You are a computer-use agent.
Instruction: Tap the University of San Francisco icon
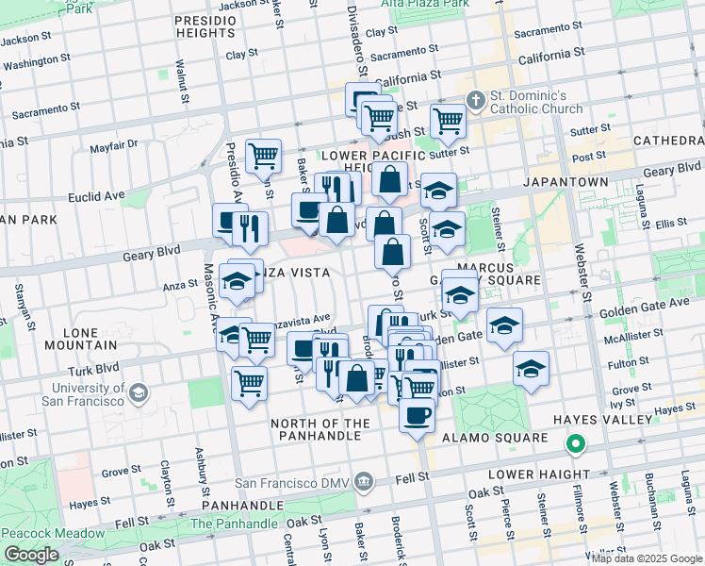pyautogui.click(x=139, y=392)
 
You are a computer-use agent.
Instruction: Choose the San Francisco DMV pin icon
pyautogui.click(x=365, y=483)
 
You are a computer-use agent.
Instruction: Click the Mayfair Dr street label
pyautogui.click(x=114, y=145)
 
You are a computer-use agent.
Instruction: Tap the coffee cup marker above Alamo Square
pyautogui.click(x=417, y=414)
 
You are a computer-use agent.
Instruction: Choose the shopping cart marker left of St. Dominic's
pyautogui.click(x=447, y=120)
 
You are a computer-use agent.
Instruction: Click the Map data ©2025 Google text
pyautogui.click(x=647, y=558)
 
